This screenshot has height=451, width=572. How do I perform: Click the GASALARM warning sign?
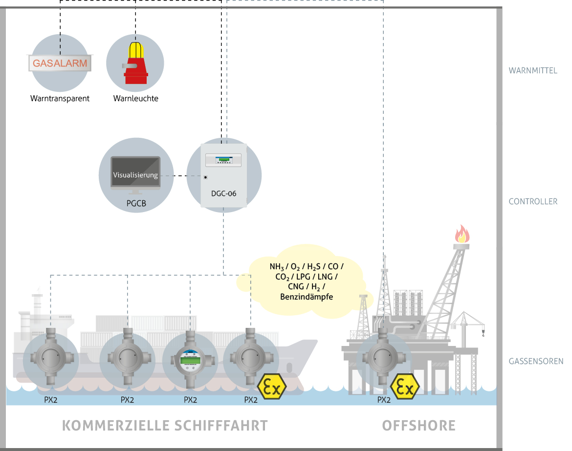coord(60,63)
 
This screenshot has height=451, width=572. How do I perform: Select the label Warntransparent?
coord(60,98)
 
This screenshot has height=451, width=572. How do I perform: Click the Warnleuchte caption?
coord(135,98)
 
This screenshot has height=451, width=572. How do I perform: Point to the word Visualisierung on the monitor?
coord(135,175)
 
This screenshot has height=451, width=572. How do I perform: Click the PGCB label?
coord(135,201)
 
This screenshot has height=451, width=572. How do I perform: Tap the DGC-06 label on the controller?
coord(223,193)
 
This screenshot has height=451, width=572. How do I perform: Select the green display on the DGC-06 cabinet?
coord(223,158)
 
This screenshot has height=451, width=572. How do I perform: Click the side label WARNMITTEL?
coord(533,70)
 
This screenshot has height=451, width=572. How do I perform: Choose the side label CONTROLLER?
coord(533,201)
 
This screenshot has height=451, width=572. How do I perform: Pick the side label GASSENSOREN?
coord(536,362)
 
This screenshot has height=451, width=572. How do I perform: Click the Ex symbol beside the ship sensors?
coord(272,387)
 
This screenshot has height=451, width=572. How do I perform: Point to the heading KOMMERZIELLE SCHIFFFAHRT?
coord(165,425)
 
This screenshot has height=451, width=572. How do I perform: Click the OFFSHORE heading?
coord(418,425)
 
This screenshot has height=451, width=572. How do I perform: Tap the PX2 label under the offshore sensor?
coord(384,400)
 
